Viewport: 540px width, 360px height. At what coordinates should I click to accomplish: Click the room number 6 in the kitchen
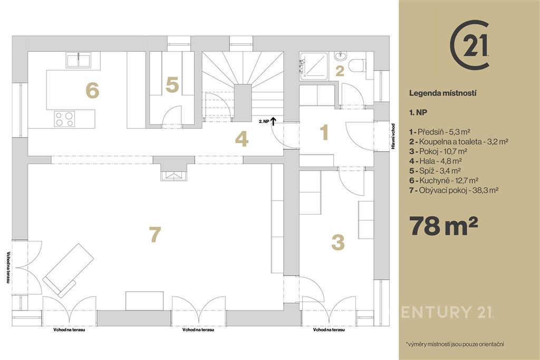[92, 91]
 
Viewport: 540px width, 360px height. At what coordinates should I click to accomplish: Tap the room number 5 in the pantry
[172, 85]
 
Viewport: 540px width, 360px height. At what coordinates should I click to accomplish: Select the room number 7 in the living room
[155, 235]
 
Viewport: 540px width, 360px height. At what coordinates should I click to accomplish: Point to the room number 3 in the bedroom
[338, 242]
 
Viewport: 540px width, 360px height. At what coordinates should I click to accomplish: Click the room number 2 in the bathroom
[340, 71]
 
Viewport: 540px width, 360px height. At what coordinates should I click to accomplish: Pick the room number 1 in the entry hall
[324, 132]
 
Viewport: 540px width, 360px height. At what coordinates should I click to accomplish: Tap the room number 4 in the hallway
[242, 139]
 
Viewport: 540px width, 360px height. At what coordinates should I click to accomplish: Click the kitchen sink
[79, 60]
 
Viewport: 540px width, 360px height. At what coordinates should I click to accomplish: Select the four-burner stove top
[64, 119]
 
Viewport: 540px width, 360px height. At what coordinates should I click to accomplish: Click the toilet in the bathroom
[356, 65]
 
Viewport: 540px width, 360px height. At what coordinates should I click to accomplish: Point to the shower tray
[313, 66]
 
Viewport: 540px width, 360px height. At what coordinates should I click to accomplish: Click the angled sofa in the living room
[69, 270]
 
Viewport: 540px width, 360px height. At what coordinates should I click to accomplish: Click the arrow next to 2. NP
[274, 121]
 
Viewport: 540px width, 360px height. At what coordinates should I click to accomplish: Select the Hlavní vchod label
[393, 137]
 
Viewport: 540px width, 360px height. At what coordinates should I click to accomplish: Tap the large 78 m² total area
[443, 226]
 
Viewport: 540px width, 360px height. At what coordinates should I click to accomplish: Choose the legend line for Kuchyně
[443, 180]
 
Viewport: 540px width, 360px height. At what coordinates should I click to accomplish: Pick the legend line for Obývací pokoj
[454, 190]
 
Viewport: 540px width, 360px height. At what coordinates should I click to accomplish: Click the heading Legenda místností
[442, 93]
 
